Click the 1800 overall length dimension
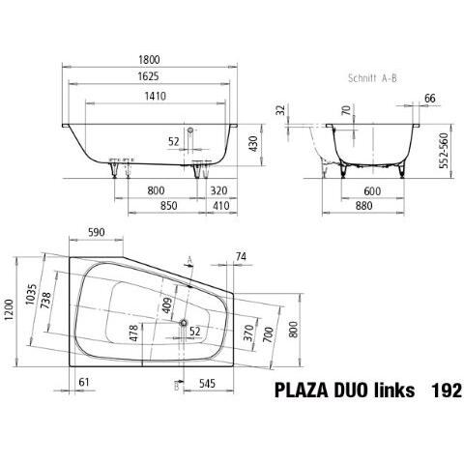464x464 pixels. click(x=149, y=60)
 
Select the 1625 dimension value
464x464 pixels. click(x=148, y=76)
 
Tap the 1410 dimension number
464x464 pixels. click(x=156, y=96)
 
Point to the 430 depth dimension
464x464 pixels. click(x=254, y=144)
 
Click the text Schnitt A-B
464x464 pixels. click(x=372, y=78)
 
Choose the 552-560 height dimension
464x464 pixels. click(x=445, y=151)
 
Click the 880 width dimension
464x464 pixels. click(x=363, y=206)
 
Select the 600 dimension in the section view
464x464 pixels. click(x=372, y=191)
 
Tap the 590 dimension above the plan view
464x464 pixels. click(x=96, y=232)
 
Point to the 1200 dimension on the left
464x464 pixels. click(x=9, y=309)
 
